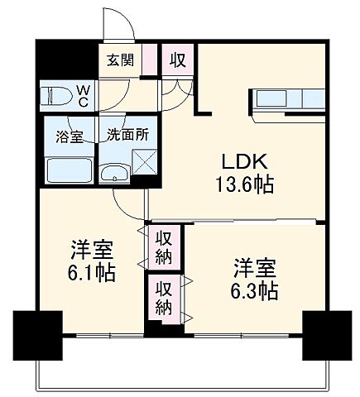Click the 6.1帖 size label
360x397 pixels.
click(91, 270)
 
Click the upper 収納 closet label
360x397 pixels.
click(164, 246)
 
